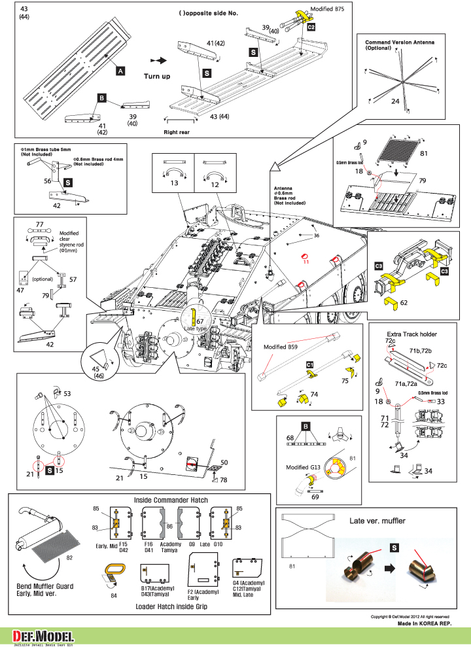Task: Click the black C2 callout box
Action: click(x=311, y=27)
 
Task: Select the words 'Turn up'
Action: click(x=157, y=77)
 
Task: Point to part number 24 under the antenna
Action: click(x=395, y=101)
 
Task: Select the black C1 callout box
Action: click(x=309, y=364)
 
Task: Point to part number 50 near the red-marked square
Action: click(x=224, y=463)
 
